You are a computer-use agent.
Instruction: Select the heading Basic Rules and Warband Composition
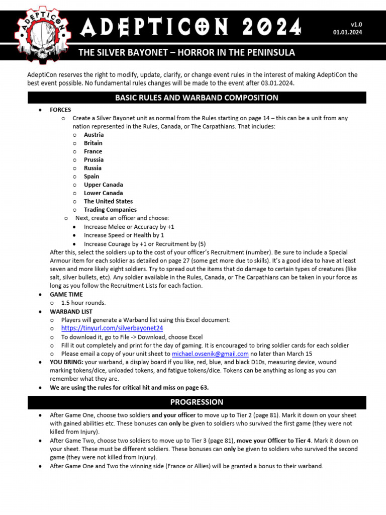197,98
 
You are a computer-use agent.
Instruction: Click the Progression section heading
197,402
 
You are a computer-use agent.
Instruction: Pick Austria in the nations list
93,135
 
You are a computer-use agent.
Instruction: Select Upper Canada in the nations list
103,185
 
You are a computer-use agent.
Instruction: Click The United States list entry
108,201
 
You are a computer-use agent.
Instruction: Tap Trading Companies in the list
110,210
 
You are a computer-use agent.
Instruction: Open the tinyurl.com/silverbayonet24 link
112,328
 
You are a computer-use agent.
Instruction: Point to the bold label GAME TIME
66,295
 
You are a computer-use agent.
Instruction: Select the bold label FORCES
60,110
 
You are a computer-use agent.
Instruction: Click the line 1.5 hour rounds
83,303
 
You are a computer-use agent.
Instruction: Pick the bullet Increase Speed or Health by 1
124,235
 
